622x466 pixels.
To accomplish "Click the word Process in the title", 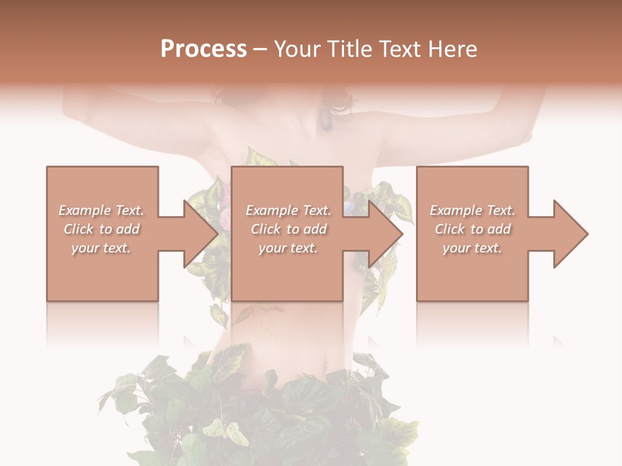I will [x=203, y=49].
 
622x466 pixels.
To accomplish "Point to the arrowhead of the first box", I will [x=200, y=234].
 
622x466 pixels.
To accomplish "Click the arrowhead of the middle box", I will [x=386, y=234].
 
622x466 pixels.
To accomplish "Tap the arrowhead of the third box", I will [x=570, y=234].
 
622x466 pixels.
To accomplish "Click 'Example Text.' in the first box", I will [x=102, y=210].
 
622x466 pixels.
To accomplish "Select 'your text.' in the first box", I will [x=102, y=248].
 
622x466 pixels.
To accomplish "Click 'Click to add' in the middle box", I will [x=288, y=229].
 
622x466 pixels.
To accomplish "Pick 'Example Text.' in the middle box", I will [x=288, y=210].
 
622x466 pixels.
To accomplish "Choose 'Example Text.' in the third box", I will [x=472, y=210].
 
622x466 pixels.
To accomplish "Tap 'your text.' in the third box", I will [x=472, y=248].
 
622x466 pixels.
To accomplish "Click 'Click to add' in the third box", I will [x=472, y=229].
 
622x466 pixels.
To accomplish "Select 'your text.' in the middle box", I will [x=288, y=248].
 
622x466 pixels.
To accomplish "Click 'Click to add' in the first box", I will [x=102, y=229].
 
